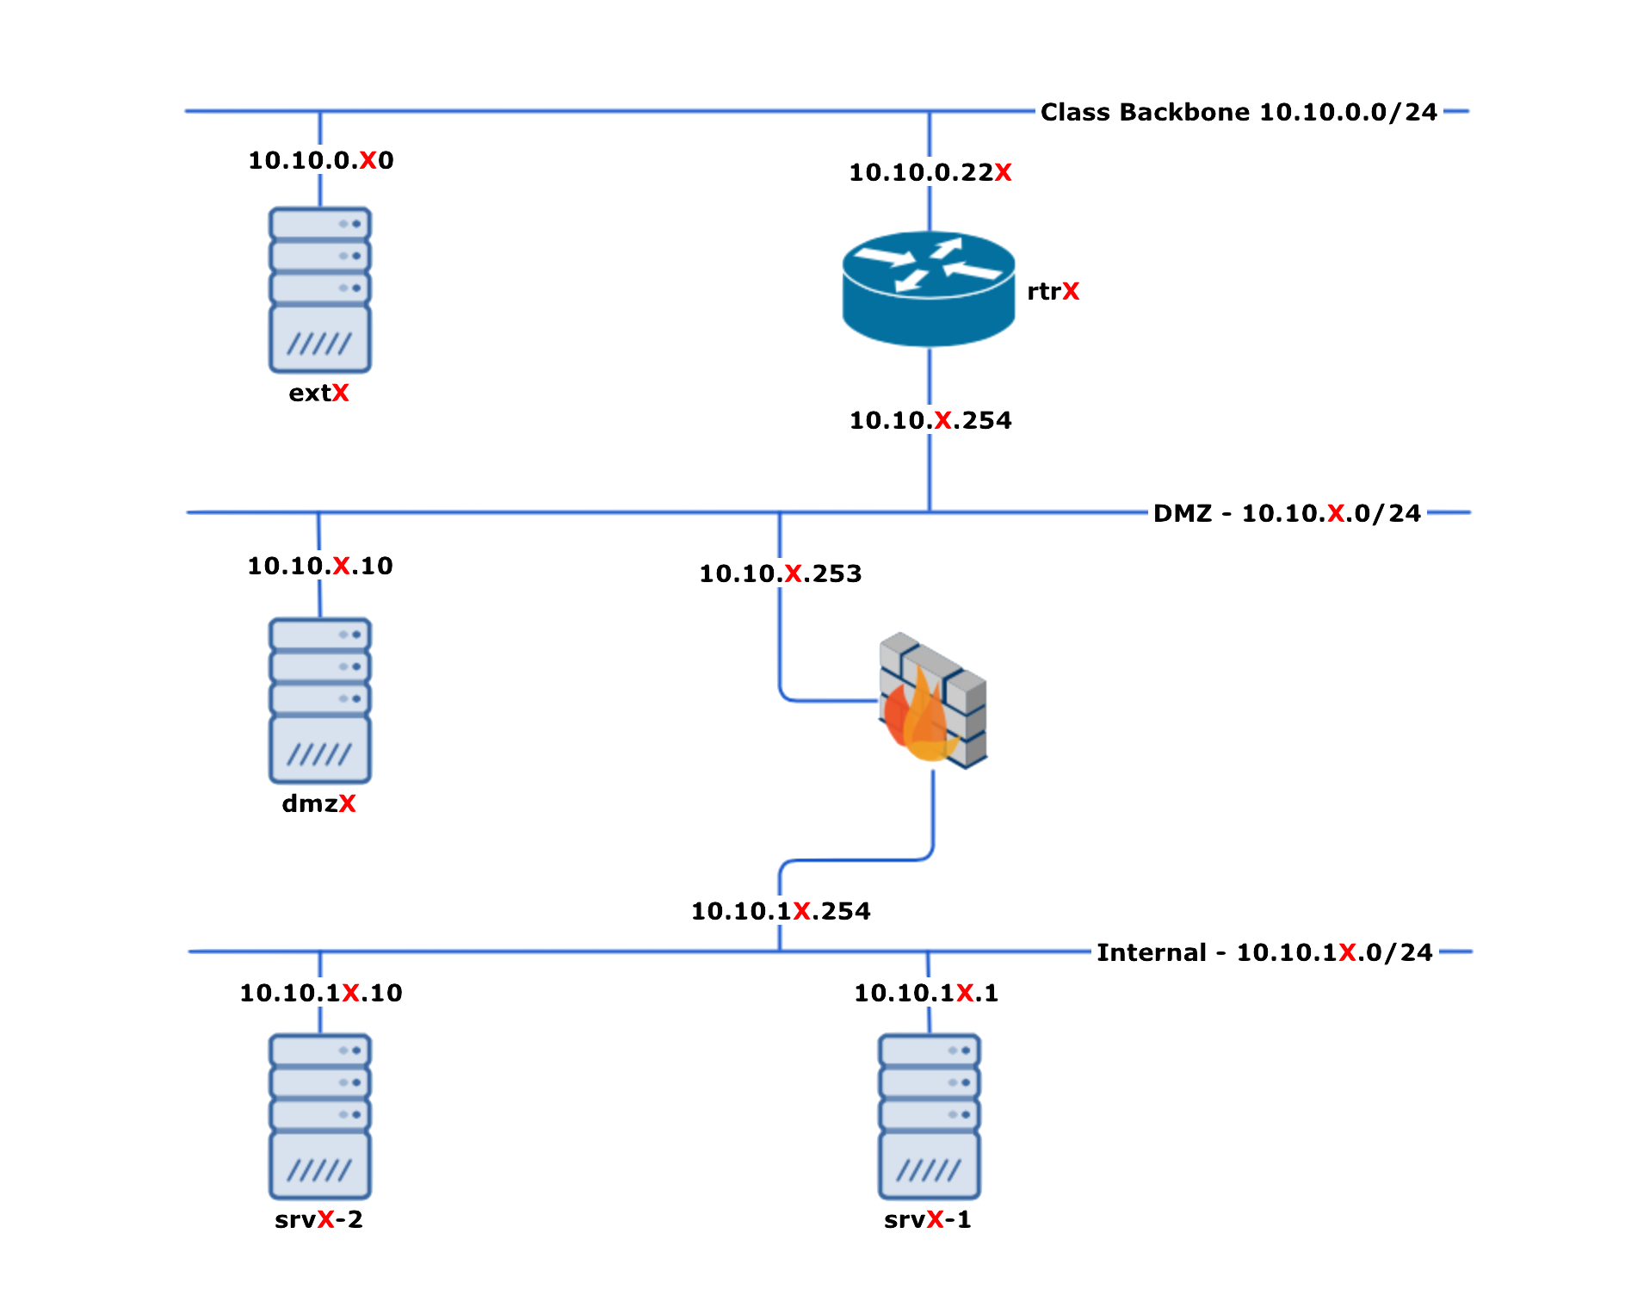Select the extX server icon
(x=320, y=290)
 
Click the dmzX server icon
(x=320, y=701)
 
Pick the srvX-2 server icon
(x=320, y=1117)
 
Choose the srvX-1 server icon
(x=930, y=1117)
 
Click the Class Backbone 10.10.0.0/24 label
(x=1239, y=112)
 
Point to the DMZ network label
(x=1288, y=513)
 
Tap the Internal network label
(x=1265, y=952)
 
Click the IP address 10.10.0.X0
(x=321, y=160)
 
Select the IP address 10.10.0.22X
(x=930, y=172)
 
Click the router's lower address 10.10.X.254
(x=931, y=420)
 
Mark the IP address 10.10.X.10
(x=320, y=566)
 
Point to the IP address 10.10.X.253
(x=781, y=573)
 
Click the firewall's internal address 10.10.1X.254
(x=782, y=911)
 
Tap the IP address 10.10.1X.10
(x=321, y=993)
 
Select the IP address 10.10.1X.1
(x=927, y=993)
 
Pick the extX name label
(x=319, y=394)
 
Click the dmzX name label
(x=319, y=804)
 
